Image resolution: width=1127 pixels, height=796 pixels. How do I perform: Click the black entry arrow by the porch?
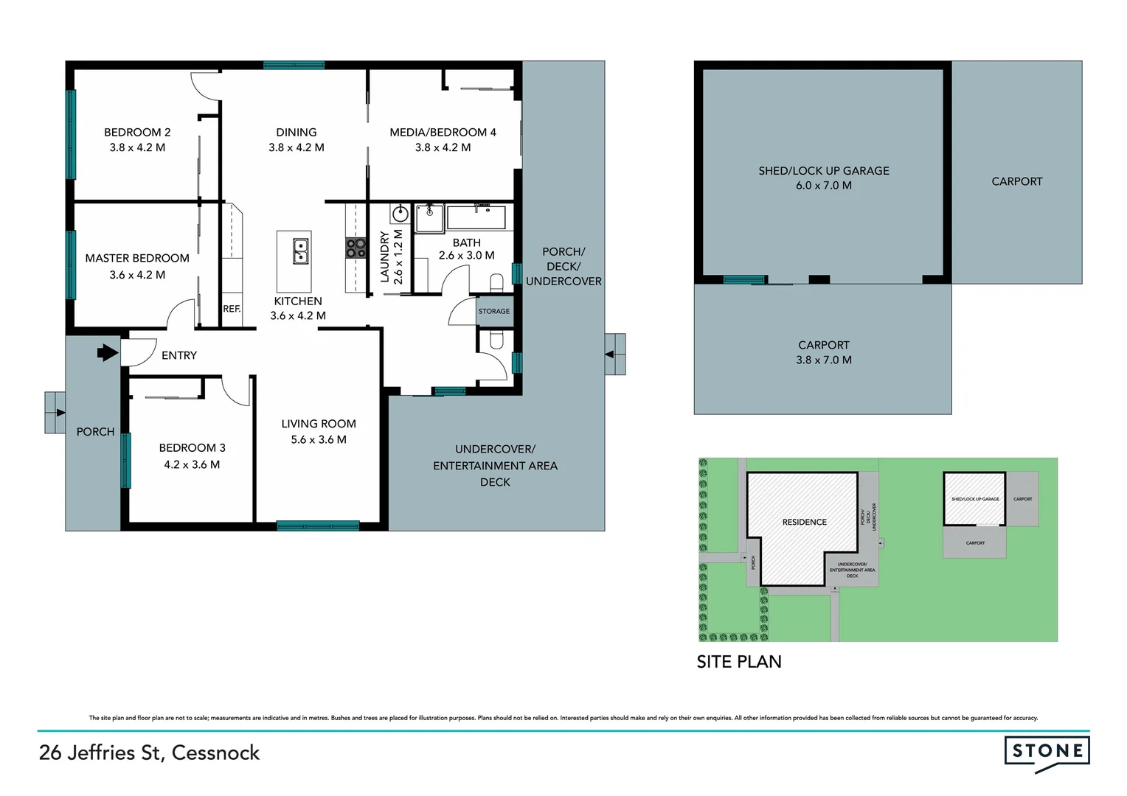tap(108, 353)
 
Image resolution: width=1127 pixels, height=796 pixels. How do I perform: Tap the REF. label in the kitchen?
tap(232, 309)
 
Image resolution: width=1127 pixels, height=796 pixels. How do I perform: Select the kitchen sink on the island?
tap(300, 251)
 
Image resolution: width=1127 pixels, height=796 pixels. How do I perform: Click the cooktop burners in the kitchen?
tap(356, 248)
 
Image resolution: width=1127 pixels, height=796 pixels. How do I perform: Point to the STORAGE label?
tap(494, 311)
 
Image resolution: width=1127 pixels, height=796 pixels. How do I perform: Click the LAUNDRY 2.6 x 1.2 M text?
tap(391, 256)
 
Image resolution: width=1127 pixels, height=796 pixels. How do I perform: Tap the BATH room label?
tap(466, 242)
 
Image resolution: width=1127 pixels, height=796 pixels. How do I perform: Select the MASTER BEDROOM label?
tap(137, 258)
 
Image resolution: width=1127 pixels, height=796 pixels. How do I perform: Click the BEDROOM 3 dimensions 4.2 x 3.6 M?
tap(192, 464)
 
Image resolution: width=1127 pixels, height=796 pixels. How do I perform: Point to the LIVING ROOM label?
tap(319, 424)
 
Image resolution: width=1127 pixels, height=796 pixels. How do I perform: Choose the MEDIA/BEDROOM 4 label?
tap(443, 133)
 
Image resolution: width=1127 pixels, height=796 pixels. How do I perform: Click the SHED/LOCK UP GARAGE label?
tap(824, 171)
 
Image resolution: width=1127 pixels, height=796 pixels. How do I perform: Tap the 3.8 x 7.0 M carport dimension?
tap(824, 360)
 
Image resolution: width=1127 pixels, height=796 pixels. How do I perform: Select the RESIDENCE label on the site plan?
tap(804, 522)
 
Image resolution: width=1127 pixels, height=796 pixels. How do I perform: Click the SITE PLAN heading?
tap(739, 662)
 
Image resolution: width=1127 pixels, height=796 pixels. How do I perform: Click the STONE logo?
tap(1047, 752)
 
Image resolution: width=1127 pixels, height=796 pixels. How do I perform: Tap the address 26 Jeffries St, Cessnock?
tap(149, 753)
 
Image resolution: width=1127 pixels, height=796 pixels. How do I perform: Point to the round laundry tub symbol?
tap(400, 214)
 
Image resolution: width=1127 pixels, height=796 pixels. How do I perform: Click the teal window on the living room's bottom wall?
tap(318, 526)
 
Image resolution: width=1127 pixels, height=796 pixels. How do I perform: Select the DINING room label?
tap(297, 133)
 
